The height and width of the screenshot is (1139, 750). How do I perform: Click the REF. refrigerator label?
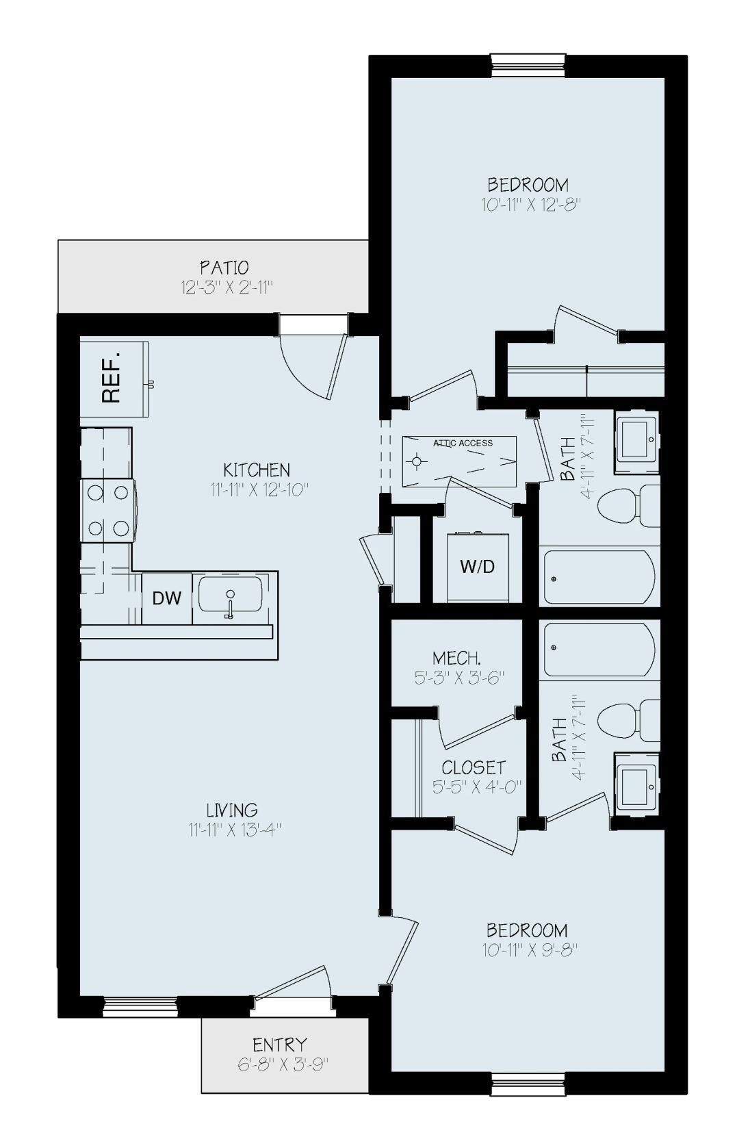(111, 378)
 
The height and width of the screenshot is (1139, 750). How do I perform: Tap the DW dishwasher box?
(167, 598)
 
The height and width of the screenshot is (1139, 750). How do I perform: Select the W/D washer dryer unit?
(477, 567)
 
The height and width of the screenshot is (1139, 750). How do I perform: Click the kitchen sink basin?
(230, 594)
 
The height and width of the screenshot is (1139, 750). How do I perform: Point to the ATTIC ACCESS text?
(463, 443)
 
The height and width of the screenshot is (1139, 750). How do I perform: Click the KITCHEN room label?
(257, 470)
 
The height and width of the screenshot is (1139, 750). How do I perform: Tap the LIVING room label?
(232, 810)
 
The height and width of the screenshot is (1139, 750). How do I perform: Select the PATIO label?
(224, 267)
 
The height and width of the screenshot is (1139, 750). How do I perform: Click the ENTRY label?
(280, 1045)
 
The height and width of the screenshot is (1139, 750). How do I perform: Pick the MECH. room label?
(456, 658)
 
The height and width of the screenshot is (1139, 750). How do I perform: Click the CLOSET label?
(474, 767)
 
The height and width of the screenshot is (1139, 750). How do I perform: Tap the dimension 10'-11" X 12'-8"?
(527, 205)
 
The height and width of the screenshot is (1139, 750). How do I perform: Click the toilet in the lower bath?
(626, 721)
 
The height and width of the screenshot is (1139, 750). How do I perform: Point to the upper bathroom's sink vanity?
(636, 441)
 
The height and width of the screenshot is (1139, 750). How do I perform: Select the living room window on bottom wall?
(140, 1006)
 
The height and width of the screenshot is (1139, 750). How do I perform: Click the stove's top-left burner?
(95, 492)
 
